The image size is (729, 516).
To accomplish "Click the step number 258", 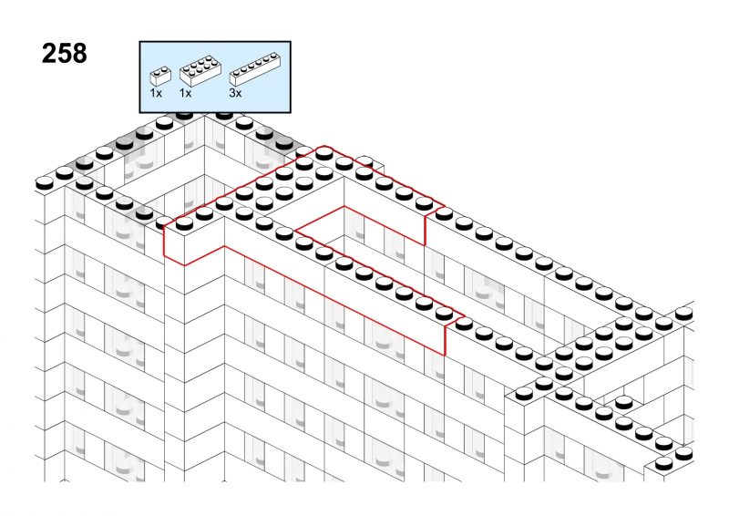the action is [64, 54].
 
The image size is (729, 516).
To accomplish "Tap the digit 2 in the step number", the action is [49, 54].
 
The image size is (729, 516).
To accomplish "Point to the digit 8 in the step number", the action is [79, 54].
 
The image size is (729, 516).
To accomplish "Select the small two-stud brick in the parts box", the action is [160, 77].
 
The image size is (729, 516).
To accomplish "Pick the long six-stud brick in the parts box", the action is [255, 70].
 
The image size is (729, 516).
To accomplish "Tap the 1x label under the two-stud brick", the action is [156, 93].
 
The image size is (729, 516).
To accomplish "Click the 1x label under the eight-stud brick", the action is [185, 93].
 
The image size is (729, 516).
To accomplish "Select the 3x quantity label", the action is [235, 93].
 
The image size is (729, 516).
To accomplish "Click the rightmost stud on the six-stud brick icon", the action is [272, 57].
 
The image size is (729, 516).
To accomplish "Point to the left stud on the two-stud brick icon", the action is [157, 71].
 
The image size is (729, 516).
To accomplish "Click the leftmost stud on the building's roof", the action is [45, 183].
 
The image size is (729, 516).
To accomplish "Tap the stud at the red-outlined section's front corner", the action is [185, 223].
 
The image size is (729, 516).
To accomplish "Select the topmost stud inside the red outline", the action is [324, 153].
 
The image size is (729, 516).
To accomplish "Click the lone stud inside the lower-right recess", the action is [624, 401].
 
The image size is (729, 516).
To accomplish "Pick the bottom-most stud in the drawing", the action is [664, 462].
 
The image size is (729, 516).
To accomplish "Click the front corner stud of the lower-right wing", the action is [524, 393].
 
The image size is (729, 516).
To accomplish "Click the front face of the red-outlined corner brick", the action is [174, 246].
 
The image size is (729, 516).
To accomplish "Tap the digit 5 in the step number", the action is [64, 54].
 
